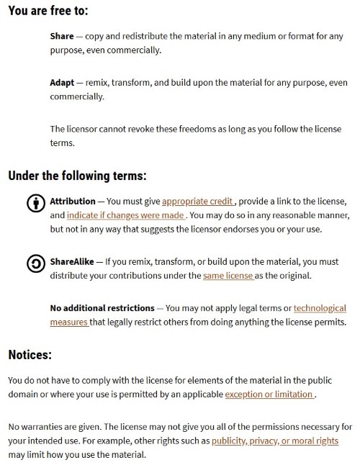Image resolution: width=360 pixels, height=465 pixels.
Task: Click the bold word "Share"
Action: (62, 36)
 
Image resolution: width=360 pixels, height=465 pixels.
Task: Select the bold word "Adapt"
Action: (63, 82)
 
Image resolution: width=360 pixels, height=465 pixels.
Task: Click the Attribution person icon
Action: (35, 203)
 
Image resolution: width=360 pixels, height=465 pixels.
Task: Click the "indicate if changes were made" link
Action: (127, 215)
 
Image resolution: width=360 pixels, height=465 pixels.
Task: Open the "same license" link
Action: (228, 276)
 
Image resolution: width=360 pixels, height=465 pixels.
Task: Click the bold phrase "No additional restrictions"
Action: (102, 308)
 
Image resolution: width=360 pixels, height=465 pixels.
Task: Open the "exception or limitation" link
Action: (269, 394)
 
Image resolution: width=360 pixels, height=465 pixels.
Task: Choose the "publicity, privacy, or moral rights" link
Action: (275, 441)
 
